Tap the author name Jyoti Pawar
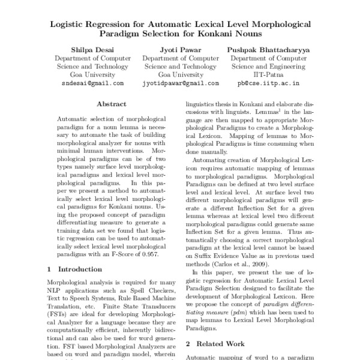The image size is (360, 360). tap(179, 50)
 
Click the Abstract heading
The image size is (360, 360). tap(111, 104)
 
